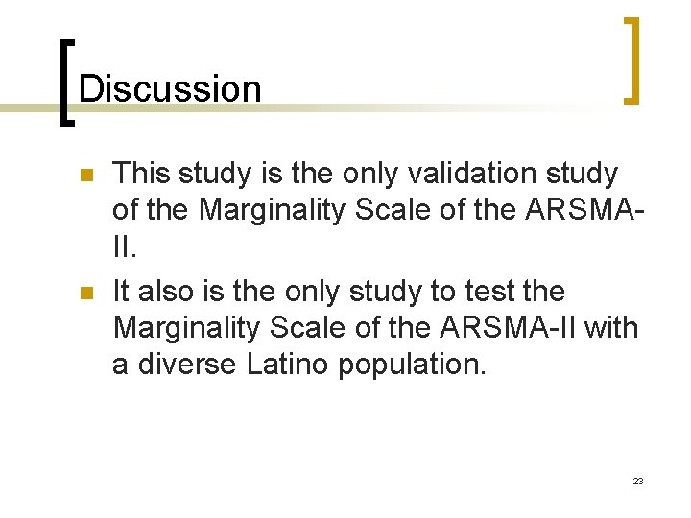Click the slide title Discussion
pos(169,89)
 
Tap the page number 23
pos(638,481)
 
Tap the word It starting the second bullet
pos(123,291)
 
